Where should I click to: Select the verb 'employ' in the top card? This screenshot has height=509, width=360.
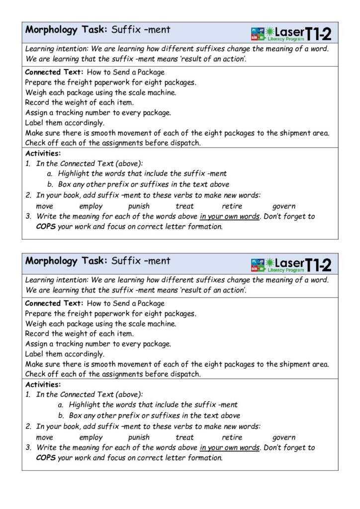[x=90, y=206]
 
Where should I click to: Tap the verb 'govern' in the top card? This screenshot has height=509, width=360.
[x=283, y=206]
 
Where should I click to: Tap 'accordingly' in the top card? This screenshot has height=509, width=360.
[x=84, y=123]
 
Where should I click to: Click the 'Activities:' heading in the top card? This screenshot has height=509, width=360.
[x=43, y=153]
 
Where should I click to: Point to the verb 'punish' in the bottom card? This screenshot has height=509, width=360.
[x=139, y=438]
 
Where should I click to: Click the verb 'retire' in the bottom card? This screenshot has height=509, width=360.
[x=232, y=438]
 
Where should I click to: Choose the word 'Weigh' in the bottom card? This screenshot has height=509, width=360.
[x=35, y=324]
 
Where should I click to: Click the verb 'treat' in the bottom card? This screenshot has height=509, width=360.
[x=184, y=438]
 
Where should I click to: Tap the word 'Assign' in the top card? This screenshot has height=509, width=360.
[x=36, y=113]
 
